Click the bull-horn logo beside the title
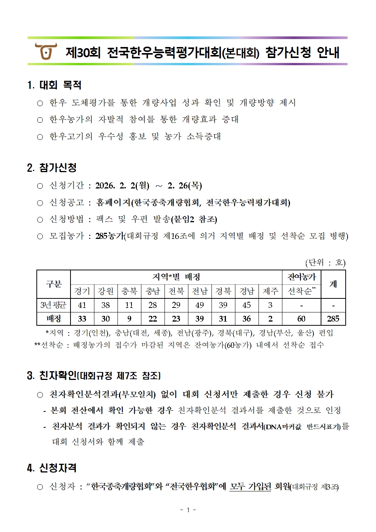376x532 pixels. coord(45,51)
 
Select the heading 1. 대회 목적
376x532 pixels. coord(55,85)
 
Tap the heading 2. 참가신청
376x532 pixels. coord(52,168)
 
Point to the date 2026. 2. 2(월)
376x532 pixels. coord(122,185)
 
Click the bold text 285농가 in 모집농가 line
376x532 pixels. coord(110,236)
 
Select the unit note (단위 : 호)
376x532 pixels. coord(325,262)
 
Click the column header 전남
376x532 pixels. coord(200,291)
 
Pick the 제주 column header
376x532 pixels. coord(270,291)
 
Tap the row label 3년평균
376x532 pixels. coord(53,305)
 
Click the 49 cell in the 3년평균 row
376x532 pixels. coord(200,305)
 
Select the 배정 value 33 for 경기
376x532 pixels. coord(82,319)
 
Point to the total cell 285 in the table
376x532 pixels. coord(333,319)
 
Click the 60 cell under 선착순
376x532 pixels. coord(301,319)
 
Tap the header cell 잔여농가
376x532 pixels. coord(301,277)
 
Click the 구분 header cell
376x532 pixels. coord(53,284)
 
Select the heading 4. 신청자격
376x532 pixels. coord(52,468)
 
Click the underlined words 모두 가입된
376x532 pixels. coord(250,486)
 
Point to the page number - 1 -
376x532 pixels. coord(188,510)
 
